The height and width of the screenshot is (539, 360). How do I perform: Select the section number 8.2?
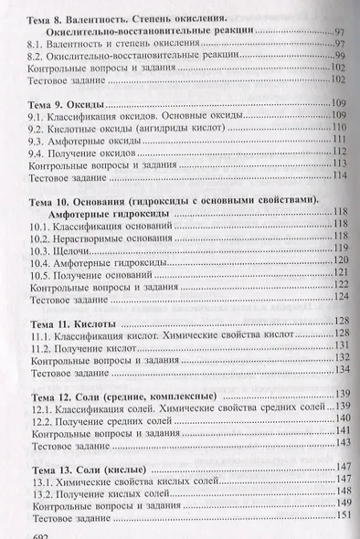(39, 57)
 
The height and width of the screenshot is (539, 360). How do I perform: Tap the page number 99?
(339, 57)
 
